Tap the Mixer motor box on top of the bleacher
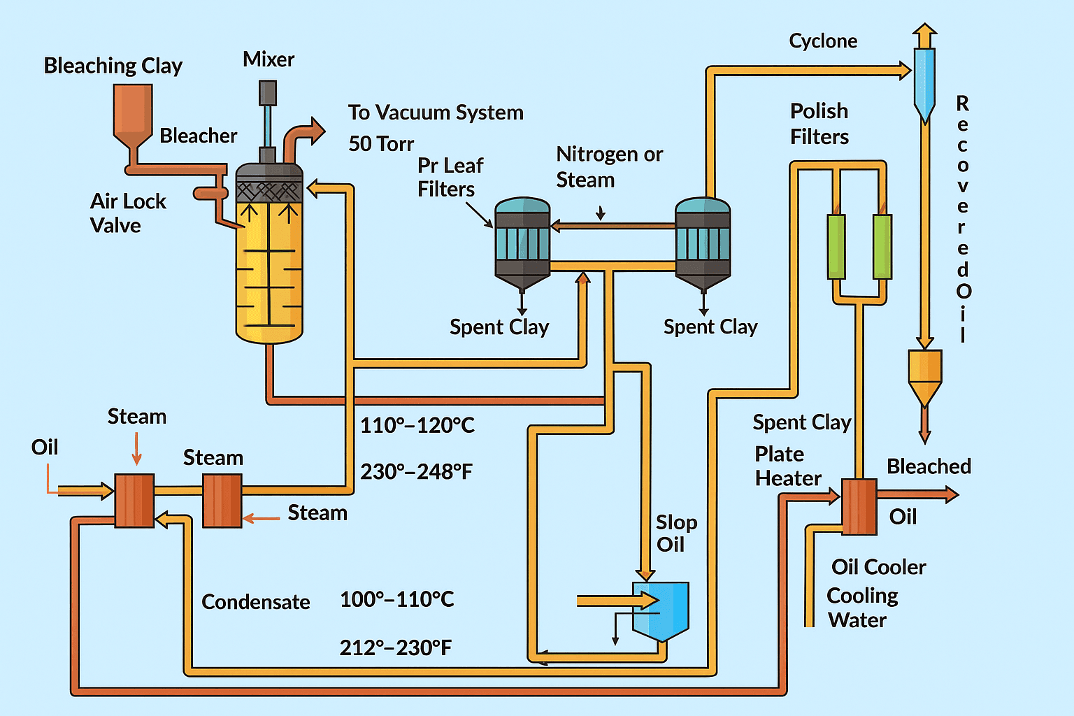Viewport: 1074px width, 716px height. [267, 93]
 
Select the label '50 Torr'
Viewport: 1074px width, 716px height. [381, 144]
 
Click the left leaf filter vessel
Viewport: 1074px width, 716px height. [522, 241]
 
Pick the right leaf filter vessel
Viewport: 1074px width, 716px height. [703, 241]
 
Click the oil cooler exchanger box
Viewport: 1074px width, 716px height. [859, 507]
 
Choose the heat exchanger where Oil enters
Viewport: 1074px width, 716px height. [134, 500]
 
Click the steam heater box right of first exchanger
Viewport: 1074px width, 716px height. [222, 500]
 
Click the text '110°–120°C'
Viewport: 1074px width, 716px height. [417, 425]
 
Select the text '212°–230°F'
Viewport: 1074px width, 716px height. [396, 647]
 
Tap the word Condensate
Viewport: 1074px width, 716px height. [256, 602]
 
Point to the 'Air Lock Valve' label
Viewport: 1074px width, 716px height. [127, 213]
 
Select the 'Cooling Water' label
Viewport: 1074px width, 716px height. [861, 608]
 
